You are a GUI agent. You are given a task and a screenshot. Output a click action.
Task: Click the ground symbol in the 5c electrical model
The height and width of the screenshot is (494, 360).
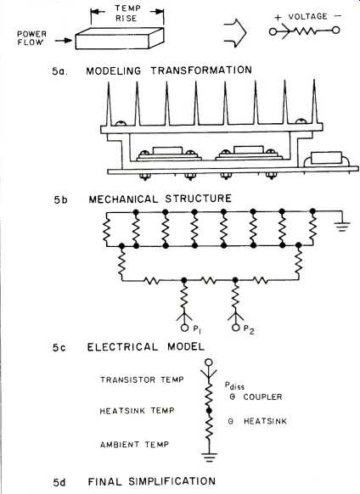click(x=343, y=227)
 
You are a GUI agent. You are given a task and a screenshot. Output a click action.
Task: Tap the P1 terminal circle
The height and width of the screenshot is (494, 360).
click(x=184, y=328)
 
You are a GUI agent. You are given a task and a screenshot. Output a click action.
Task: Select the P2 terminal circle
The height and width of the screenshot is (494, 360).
click(x=235, y=328)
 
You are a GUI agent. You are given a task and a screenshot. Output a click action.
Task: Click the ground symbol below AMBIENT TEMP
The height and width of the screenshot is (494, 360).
click(x=209, y=458)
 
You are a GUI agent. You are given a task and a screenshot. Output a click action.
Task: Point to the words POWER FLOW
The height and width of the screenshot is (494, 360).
click(x=31, y=38)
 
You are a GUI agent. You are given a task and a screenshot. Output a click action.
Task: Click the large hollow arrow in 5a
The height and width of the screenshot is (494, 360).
click(x=235, y=33)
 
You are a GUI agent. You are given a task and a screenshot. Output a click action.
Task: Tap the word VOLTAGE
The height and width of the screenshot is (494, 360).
click(x=307, y=16)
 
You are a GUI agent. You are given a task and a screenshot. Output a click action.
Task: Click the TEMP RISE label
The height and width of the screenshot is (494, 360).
click(x=127, y=14)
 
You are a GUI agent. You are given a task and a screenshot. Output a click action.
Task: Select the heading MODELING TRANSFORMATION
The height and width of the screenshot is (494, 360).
click(x=169, y=70)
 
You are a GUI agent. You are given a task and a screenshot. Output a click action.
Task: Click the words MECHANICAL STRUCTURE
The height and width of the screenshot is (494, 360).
click(x=160, y=199)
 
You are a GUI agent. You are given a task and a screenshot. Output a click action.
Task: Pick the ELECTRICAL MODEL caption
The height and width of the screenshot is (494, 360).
click(x=146, y=347)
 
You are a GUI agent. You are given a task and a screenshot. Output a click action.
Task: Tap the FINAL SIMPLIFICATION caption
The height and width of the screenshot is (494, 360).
click(x=152, y=481)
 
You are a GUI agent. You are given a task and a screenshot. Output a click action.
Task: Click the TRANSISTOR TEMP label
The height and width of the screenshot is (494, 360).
click(x=142, y=379)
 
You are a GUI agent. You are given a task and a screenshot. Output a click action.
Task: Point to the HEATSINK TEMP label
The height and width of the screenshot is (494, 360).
click(x=137, y=411)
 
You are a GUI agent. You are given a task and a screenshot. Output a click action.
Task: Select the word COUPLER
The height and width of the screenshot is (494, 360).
click(x=262, y=396)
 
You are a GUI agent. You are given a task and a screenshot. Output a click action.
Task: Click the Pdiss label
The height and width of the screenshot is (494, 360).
click(x=234, y=385)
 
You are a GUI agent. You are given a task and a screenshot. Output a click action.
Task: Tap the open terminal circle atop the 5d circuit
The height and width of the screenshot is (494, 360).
click(x=209, y=362)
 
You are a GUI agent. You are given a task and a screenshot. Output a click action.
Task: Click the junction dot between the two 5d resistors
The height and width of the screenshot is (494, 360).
click(x=209, y=410)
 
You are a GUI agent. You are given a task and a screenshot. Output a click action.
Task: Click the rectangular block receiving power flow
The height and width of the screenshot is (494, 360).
click(x=120, y=38)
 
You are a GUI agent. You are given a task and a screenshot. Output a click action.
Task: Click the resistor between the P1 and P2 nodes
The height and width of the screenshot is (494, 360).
click(x=209, y=280)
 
